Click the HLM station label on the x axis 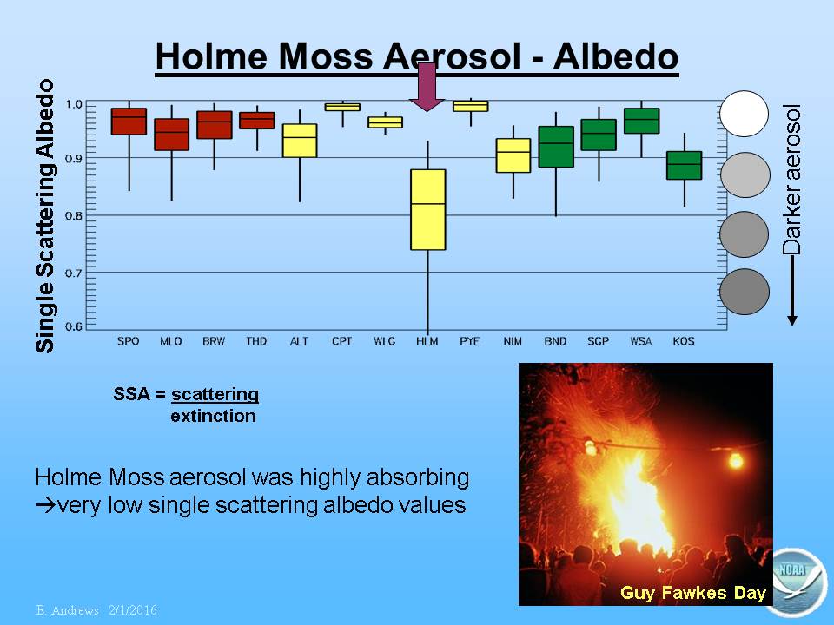(x=427, y=341)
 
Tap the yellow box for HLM (x=428, y=209)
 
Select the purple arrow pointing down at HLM (x=427, y=87)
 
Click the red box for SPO (x=129, y=122)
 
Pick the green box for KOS (x=684, y=165)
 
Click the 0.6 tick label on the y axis (x=73, y=326)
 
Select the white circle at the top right (x=745, y=114)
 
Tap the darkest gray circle (x=745, y=292)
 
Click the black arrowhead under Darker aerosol (x=792, y=320)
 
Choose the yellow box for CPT (x=342, y=107)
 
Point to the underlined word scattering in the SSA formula (x=215, y=394)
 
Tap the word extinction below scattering (x=214, y=416)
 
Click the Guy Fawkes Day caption (x=693, y=593)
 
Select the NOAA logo (x=798, y=582)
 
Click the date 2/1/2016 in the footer (x=133, y=609)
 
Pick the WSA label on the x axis (x=641, y=341)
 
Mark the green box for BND (x=556, y=147)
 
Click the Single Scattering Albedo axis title (x=44, y=216)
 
